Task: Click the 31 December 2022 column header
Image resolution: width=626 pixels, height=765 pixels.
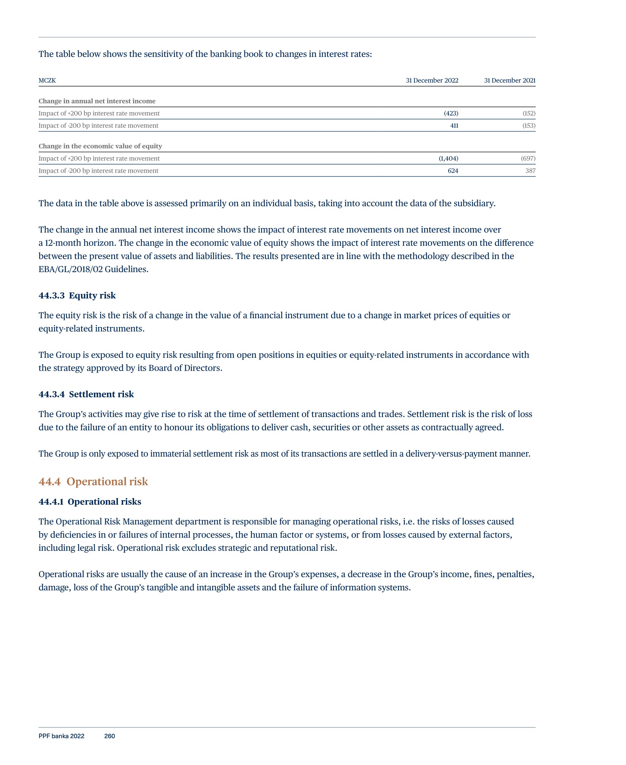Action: pos(432,80)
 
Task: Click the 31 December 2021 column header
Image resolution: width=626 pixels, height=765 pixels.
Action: pos(509,80)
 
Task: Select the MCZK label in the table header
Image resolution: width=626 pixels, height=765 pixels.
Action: pos(47,80)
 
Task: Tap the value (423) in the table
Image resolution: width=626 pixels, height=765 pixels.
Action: pos(451,113)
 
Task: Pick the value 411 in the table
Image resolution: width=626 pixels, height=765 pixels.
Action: pos(454,126)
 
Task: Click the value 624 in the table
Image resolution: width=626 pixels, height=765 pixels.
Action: pos(453,170)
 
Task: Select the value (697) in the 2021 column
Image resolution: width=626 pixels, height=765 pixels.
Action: pos(528,158)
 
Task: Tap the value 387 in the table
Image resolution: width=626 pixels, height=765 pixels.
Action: pos(530,170)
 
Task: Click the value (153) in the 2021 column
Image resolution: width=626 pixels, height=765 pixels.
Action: pos(529,126)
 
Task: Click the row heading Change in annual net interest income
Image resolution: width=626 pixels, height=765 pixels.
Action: pos(97,101)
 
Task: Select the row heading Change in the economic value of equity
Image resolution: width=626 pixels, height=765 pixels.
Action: pos(100,146)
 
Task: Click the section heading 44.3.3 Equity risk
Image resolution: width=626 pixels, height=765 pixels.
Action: pos(77,296)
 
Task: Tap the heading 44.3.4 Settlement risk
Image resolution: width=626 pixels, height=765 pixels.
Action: pos(86,394)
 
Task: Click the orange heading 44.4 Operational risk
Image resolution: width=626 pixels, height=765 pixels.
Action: pos(93,482)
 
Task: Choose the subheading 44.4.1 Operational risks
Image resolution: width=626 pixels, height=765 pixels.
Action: pos(90,502)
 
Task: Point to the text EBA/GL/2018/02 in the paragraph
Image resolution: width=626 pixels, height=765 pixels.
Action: pos(70,269)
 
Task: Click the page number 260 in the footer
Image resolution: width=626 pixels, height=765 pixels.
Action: pos(110,736)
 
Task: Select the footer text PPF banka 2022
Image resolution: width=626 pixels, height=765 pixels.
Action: pos(61,736)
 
